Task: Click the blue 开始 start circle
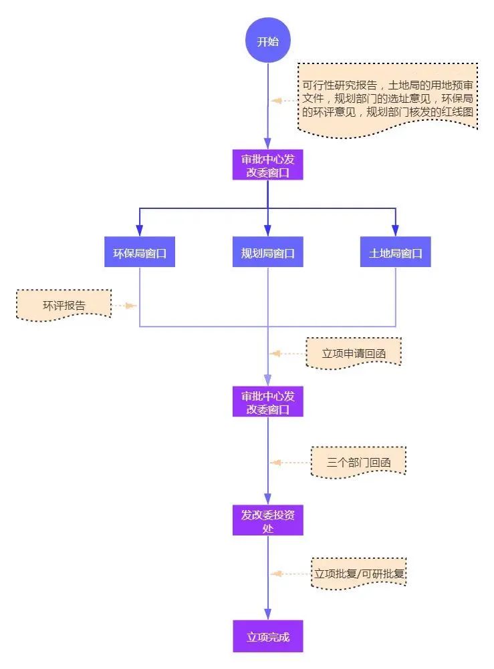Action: point(268,40)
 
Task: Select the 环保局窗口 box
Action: point(140,252)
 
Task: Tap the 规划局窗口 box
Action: point(268,252)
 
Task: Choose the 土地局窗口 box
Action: point(395,252)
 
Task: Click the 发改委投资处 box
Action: point(268,520)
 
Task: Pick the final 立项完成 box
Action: point(268,636)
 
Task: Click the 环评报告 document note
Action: point(64,305)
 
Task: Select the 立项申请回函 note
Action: point(354,353)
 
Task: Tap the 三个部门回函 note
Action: point(358,463)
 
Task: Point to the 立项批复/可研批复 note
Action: point(358,574)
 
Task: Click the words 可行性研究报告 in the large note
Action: point(340,85)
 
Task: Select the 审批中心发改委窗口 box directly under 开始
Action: point(268,165)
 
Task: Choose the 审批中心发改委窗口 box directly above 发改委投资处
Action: point(268,401)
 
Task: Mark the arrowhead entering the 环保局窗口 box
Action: point(139,230)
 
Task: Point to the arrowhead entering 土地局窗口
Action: point(395,230)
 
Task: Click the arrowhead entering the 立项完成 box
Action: point(268,614)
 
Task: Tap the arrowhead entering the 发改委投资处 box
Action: point(268,498)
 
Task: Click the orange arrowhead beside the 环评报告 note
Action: point(131,306)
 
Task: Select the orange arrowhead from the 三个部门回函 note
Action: point(275,463)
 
